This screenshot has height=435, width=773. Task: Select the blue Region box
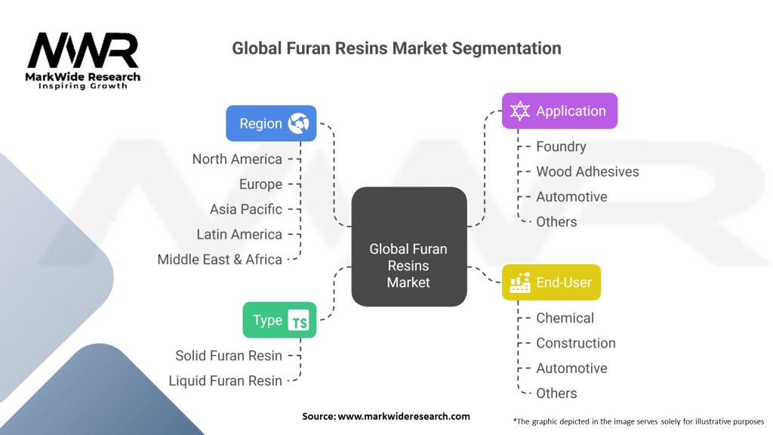[271, 123]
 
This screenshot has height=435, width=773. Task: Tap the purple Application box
[559, 111]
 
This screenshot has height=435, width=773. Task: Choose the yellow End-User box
[551, 282]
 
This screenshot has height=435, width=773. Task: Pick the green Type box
[279, 320]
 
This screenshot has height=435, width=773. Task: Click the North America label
[237, 159]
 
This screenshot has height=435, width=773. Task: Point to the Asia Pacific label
[246, 209]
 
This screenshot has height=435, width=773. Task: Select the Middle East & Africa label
[220, 259]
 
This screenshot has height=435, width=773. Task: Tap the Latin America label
[239, 234]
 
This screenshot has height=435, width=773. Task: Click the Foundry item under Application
[561, 147]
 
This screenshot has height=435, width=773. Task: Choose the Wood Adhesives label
[587, 171]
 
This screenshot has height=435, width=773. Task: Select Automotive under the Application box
[571, 196]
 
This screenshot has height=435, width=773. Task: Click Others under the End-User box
[556, 393]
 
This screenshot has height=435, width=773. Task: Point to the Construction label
[575, 343]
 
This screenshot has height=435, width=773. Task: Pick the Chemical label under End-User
[565, 318]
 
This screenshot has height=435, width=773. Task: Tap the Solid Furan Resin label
[229, 356]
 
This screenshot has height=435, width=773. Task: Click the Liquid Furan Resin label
[226, 381]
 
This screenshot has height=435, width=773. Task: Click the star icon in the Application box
[520, 111]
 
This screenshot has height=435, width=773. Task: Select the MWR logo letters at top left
[83, 51]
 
